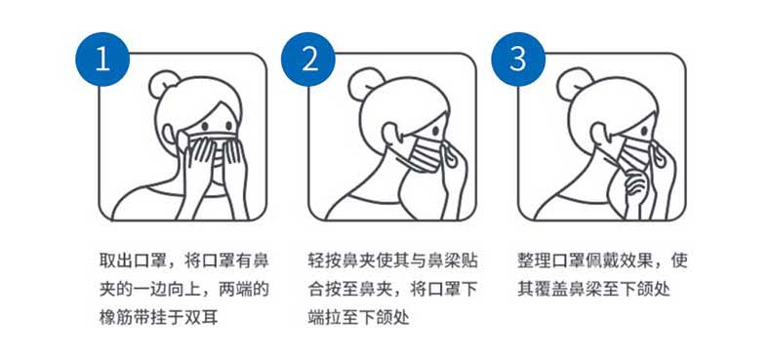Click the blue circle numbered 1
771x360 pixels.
(102, 59)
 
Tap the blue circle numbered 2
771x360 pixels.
(307, 59)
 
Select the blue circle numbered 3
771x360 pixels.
(518, 59)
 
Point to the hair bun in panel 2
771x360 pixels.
(361, 80)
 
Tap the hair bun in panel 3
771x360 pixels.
(570, 80)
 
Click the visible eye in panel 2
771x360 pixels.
(435, 131)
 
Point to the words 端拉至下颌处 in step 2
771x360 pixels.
(359, 318)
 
